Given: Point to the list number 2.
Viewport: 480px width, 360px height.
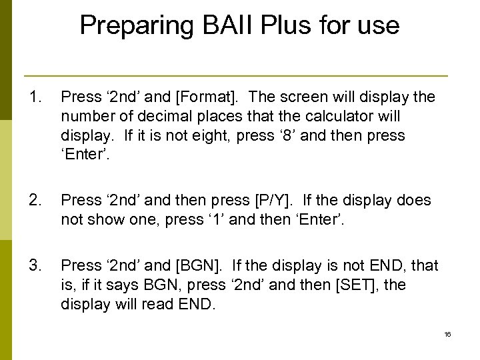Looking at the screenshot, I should (x=34, y=200).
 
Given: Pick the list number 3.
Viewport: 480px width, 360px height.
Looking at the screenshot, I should (x=34, y=266).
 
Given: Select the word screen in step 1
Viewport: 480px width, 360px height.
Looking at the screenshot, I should (x=305, y=97).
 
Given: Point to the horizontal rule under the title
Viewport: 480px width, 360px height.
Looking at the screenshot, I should (x=235, y=75).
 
